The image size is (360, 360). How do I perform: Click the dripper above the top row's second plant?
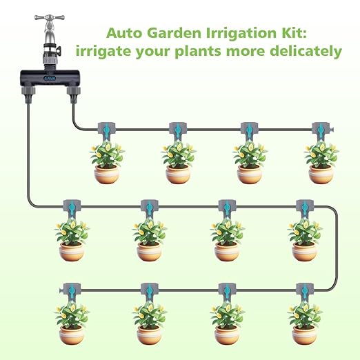(178, 130)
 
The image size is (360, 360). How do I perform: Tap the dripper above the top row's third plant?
(250, 130)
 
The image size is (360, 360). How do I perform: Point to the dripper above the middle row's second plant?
(150, 208)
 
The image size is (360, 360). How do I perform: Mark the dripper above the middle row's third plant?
(227, 208)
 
